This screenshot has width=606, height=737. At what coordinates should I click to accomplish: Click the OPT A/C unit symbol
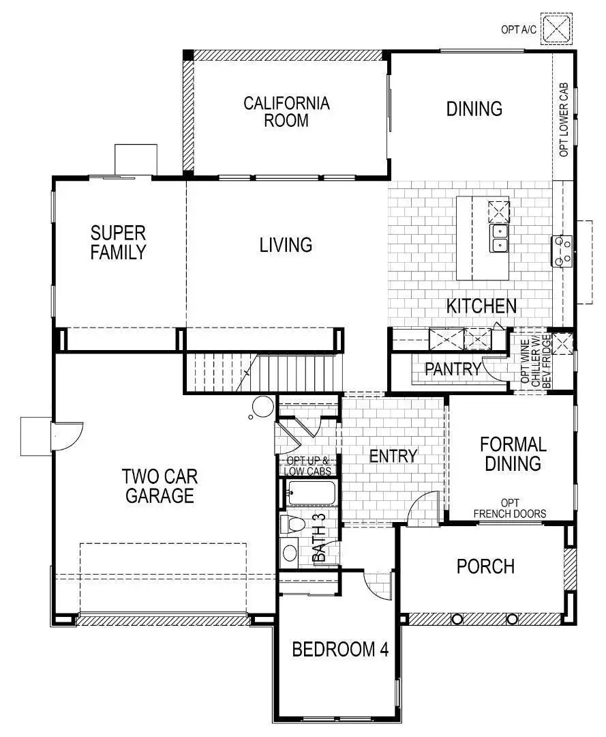point(558,29)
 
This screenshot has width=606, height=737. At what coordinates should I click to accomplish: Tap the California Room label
point(286,112)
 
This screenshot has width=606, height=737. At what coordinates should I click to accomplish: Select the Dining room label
point(474,109)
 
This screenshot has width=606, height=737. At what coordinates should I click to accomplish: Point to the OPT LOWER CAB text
point(564,121)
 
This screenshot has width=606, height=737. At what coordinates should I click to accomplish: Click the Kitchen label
point(481,306)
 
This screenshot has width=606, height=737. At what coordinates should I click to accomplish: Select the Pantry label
point(453,369)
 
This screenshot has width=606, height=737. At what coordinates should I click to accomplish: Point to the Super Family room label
point(118,242)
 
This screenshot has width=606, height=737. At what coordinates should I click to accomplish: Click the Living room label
point(286,244)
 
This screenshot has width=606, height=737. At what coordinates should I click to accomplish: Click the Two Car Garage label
point(159,485)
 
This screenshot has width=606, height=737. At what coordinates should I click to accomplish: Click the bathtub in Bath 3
point(310,493)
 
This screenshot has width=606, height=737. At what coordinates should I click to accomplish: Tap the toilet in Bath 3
point(293,525)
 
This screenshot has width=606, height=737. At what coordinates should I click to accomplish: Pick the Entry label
point(393,456)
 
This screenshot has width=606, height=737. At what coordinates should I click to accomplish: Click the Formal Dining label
point(513,454)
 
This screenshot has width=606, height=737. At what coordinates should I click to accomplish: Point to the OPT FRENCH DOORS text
point(509,508)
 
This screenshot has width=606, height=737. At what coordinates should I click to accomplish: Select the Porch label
point(485,566)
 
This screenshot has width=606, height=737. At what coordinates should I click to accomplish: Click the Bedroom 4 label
point(339,649)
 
